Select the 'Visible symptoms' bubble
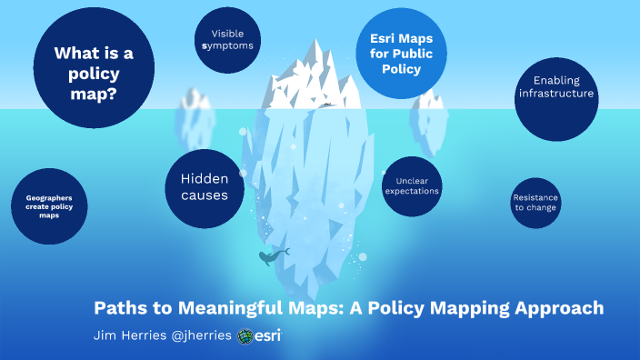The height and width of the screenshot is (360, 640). [225, 39]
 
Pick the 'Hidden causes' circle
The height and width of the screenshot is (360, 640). [205, 187]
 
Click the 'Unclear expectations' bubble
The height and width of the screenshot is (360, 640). [412, 185]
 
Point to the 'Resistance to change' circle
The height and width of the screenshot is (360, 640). [535, 202]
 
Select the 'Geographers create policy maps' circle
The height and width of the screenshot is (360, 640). [49, 205]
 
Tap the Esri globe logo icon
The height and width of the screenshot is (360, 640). [245, 335]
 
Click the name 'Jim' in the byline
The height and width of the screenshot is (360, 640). [105, 335]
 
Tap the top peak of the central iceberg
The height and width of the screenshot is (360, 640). [315, 43]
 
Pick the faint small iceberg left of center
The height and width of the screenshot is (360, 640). [193, 107]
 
